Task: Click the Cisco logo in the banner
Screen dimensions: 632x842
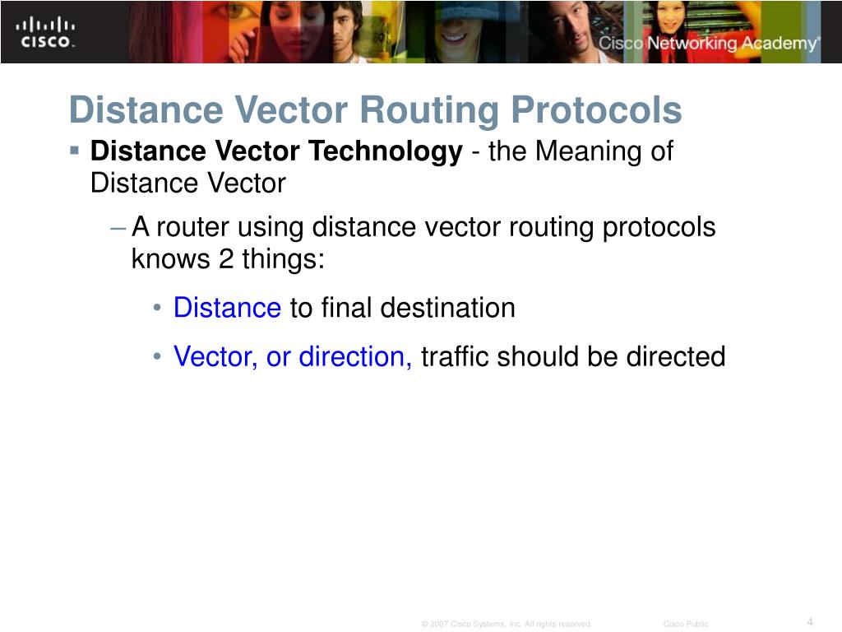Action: [x=46, y=31]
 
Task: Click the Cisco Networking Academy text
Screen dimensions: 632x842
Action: [x=708, y=44]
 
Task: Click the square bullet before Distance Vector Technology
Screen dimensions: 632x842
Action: [x=74, y=151]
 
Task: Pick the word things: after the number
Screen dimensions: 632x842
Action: [x=284, y=259]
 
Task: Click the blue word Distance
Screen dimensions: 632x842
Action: [x=227, y=308]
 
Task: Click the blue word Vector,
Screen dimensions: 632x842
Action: [x=215, y=356]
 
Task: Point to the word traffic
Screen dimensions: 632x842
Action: [x=456, y=356]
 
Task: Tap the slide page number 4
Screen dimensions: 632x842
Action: [x=810, y=621]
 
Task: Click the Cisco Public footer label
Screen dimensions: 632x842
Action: [x=686, y=625]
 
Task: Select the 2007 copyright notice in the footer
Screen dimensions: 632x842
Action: [x=507, y=625]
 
